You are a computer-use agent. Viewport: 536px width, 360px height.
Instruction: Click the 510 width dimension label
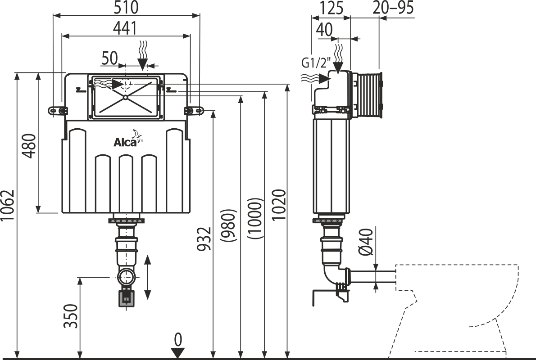[126, 8]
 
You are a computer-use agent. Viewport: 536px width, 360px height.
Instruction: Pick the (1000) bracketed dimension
[254, 218]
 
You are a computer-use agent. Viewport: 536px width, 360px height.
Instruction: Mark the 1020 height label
[279, 205]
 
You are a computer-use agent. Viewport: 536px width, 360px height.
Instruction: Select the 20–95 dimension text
[393, 8]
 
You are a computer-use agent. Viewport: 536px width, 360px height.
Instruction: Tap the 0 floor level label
[179, 339]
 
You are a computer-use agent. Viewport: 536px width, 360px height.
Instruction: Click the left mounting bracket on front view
[57, 110]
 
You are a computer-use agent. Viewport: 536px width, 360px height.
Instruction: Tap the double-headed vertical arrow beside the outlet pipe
[147, 277]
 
